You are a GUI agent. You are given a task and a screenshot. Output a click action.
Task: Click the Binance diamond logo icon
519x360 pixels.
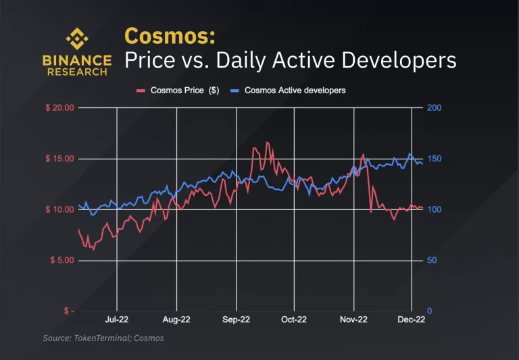(76, 38)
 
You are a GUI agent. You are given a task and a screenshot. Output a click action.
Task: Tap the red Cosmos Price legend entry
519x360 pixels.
(175, 90)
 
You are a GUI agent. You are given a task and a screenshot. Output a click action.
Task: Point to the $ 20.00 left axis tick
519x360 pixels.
(58, 108)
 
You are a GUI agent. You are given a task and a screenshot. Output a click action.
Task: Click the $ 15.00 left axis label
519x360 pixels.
(58, 159)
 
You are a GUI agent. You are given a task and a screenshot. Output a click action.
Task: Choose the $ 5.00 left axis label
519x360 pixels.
(60, 261)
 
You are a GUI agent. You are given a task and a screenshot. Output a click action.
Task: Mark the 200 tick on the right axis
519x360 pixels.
(433, 108)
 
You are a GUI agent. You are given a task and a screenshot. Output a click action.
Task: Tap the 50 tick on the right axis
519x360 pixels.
(430, 261)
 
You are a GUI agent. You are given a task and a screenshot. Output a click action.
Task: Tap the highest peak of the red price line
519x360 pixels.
(268, 143)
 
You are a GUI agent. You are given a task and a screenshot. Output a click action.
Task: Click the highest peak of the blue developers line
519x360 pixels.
(410, 154)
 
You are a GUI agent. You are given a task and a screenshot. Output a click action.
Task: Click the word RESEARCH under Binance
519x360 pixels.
(77, 72)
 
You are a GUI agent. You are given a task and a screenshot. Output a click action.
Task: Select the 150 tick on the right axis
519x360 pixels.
(433, 159)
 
